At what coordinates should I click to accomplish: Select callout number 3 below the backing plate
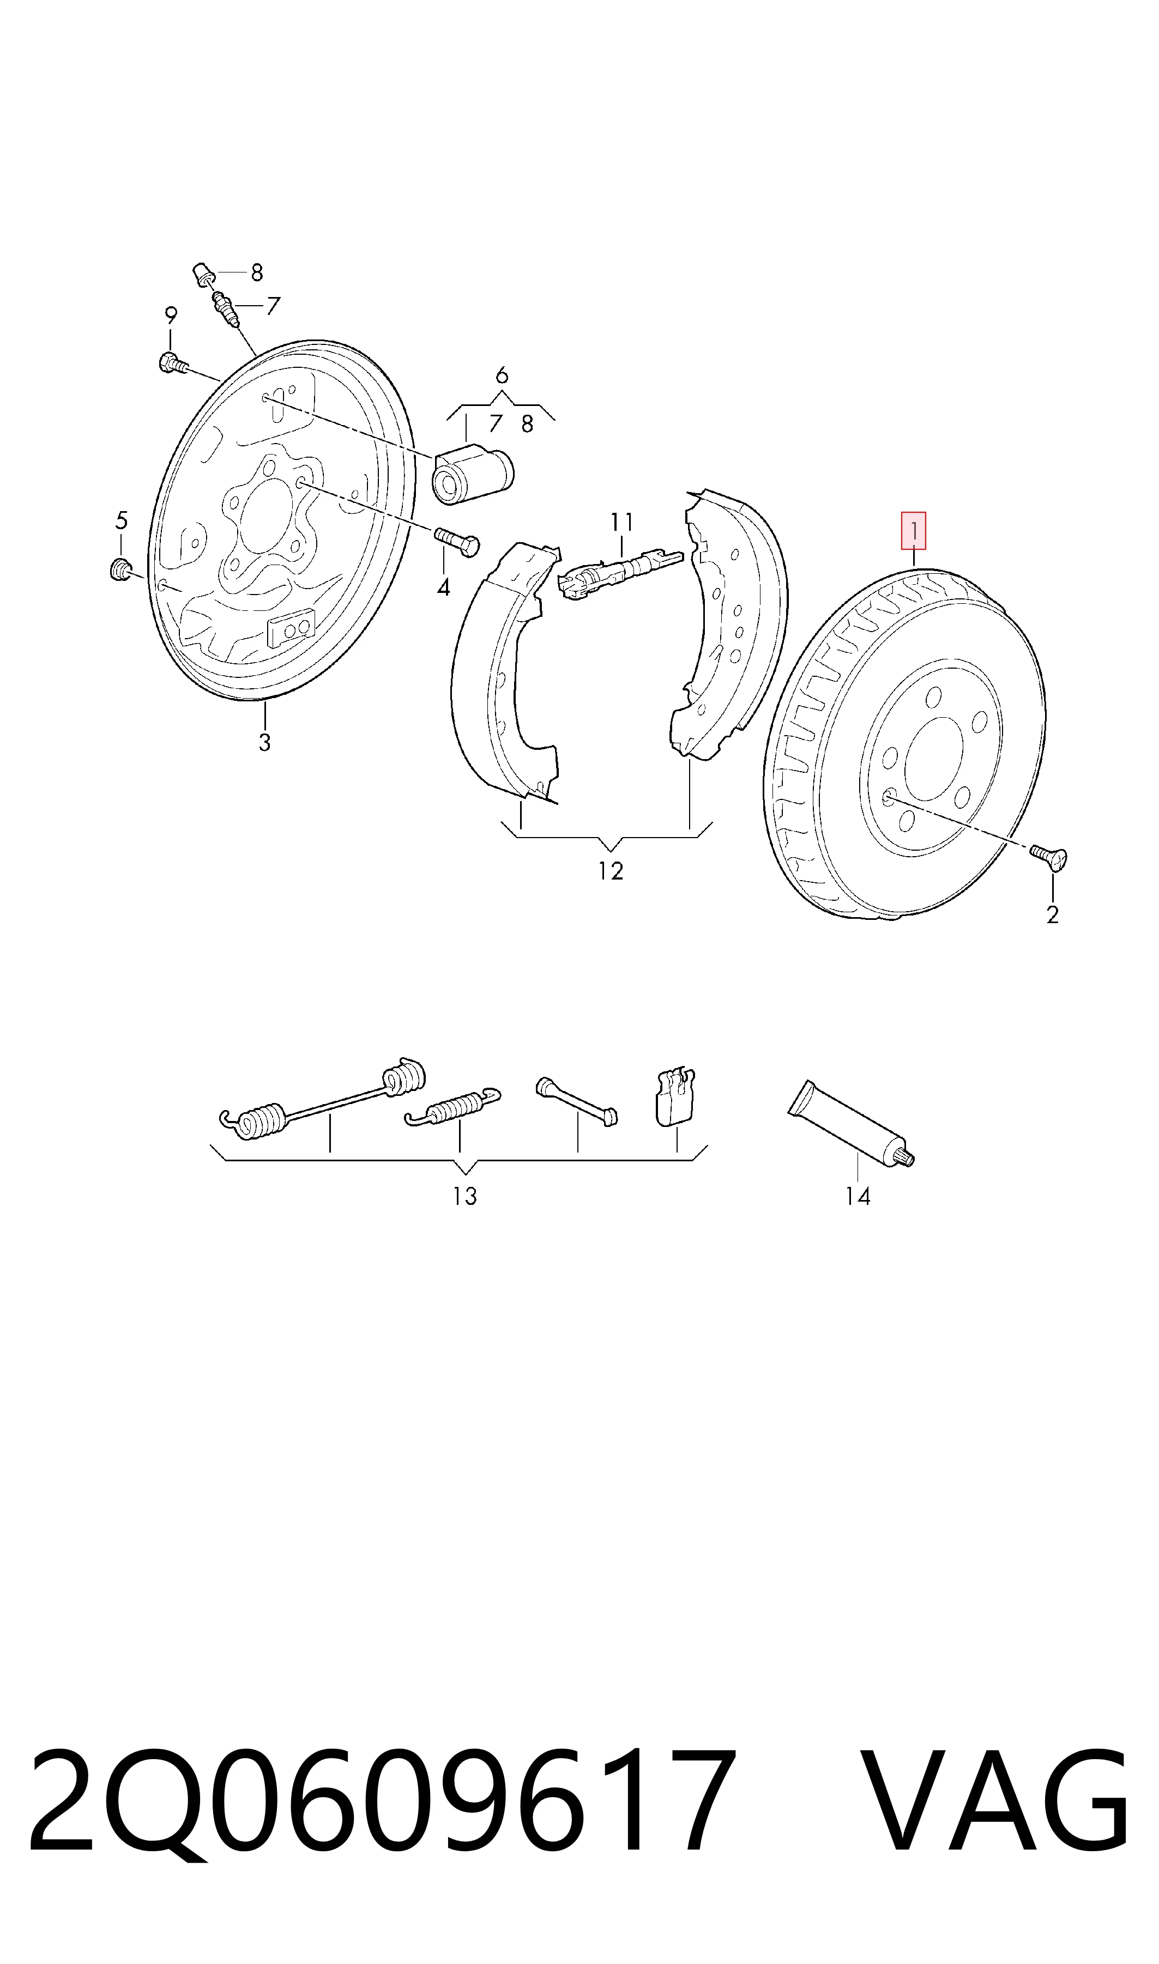(265, 742)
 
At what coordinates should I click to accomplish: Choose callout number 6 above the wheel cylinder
(502, 375)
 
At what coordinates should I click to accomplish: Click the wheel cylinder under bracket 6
(473, 473)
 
